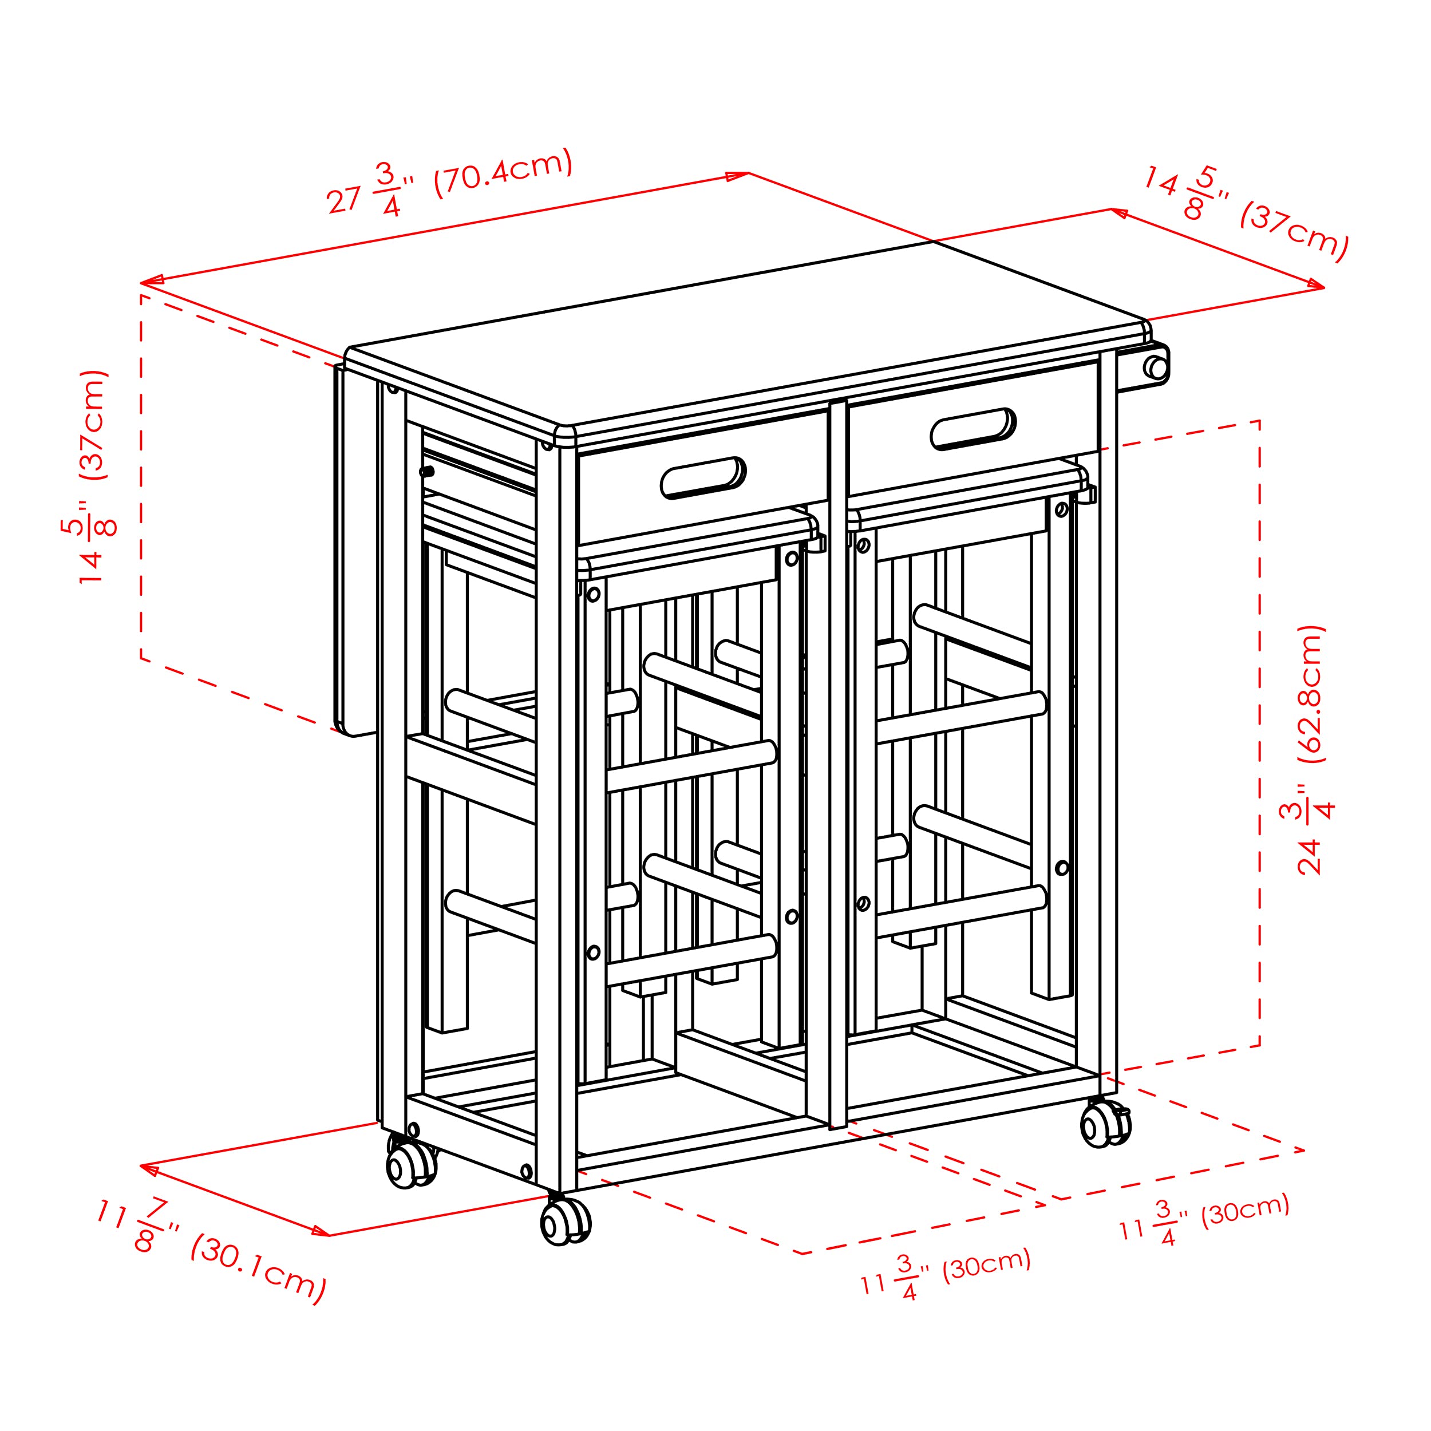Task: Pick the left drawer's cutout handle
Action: click(702, 478)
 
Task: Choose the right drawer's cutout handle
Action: click(973, 429)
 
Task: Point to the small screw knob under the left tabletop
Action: click(426, 471)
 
